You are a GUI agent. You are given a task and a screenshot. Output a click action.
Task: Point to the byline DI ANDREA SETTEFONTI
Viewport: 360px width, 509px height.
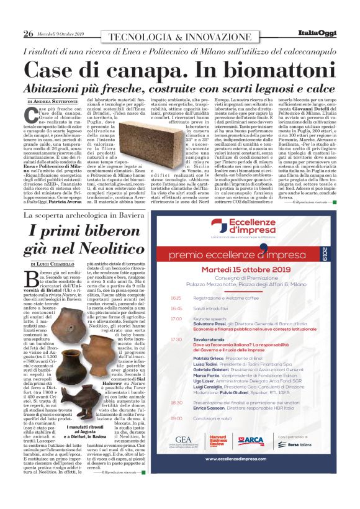pyautogui.click(x=52, y=101)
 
